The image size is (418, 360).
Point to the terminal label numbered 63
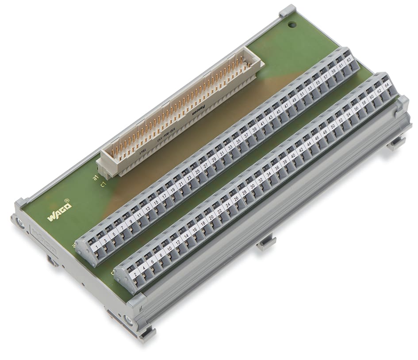click(x=349, y=59)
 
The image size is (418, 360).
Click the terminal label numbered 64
click(x=387, y=84)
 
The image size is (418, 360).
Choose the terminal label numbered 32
click(x=261, y=179)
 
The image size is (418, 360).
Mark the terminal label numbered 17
click(x=164, y=195)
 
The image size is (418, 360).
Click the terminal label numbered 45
click(x=279, y=111)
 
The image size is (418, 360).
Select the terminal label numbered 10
click(x=169, y=248)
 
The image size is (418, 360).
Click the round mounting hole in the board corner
click(x=291, y=25)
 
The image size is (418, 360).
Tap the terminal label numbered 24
click(x=228, y=204)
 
